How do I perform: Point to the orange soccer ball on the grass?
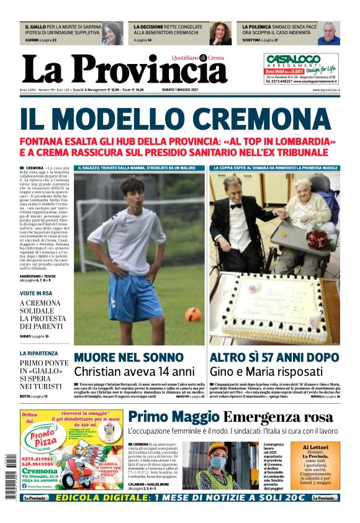[x=192, y=314]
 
